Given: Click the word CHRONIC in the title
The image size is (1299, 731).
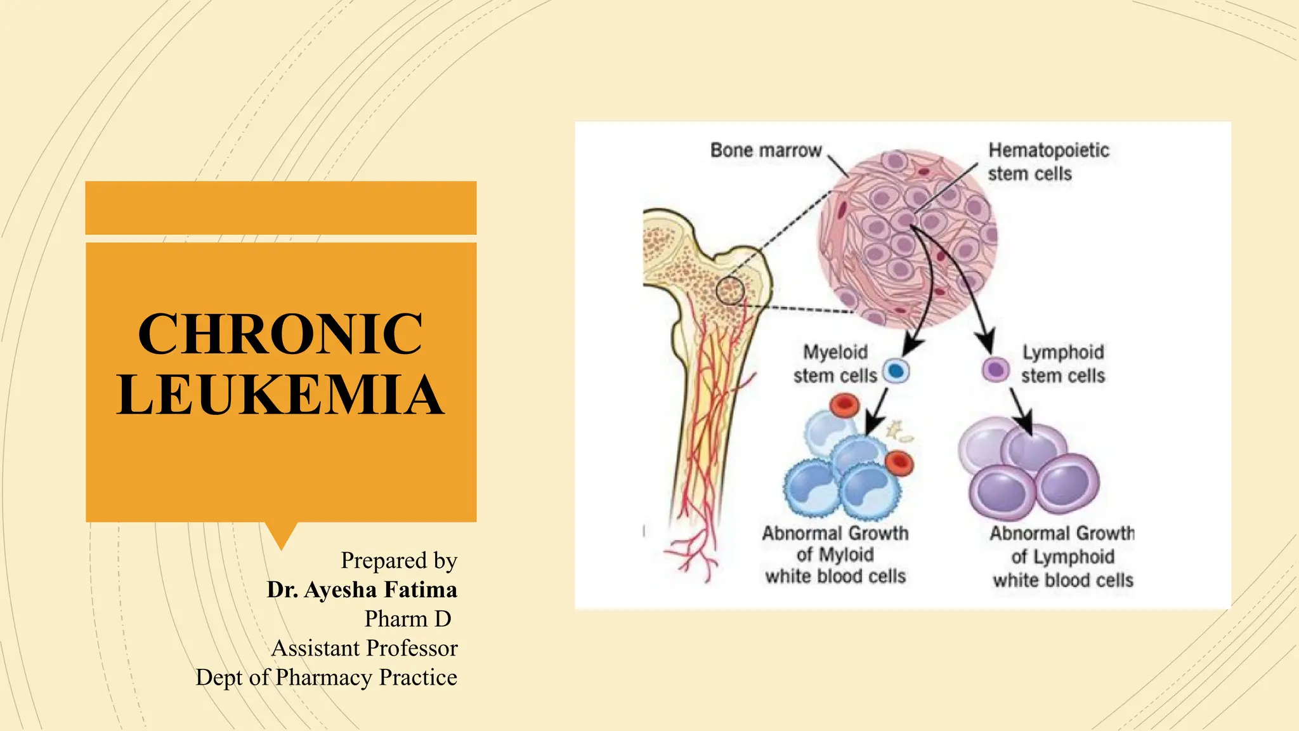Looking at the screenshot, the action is click(280, 334).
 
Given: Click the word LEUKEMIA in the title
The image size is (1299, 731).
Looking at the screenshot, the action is click(280, 395).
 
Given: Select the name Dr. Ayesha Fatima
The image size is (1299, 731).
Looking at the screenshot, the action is click(362, 589).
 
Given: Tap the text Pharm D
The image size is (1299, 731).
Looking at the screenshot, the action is click(407, 619).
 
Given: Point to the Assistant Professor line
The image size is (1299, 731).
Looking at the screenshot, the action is click(364, 648).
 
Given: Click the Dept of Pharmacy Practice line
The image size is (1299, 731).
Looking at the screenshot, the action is click(326, 677).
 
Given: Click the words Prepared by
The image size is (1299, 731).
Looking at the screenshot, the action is click(398, 560).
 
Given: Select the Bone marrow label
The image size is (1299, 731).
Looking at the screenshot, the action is click(766, 150).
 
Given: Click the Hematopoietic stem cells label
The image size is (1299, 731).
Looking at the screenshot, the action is click(1048, 162).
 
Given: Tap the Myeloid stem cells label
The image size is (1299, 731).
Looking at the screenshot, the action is click(835, 364).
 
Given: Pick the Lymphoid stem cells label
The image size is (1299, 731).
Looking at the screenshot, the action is click(1063, 364).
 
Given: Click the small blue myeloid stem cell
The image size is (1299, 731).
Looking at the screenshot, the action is click(896, 371).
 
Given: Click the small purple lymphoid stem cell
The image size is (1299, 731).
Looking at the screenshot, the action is click(995, 369).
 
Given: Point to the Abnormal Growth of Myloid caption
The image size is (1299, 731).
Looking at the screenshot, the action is click(835, 555).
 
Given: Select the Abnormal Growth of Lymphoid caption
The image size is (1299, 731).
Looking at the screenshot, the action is click(1062, 556).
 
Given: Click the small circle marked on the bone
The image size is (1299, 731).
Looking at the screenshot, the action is click(730, 291).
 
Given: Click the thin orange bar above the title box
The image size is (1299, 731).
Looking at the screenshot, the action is click(281, 207).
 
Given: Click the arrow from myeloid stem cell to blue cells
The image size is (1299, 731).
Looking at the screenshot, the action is click(877, 412).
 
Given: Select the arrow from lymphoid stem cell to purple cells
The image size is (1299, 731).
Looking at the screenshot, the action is click(1021, 411).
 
